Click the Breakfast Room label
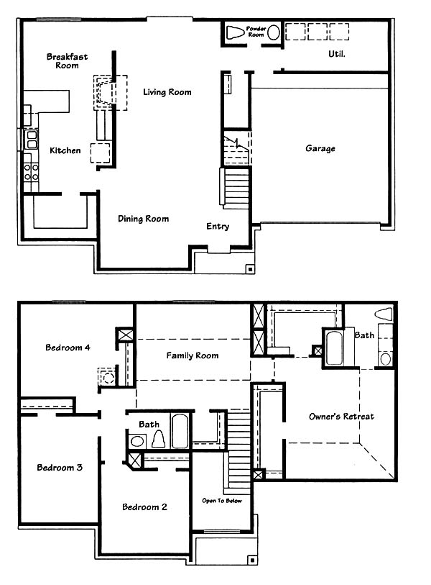click(67, 61)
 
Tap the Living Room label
click(167, 92)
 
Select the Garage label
click(320, 148)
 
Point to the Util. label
click(337, 54)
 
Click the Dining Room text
click(144, 219)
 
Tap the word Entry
click(218, 227)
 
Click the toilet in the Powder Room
click(234, 33)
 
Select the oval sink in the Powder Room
click(274, 33)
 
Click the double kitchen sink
click(31, 140)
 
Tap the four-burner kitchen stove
click(31, 173)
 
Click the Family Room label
click(193, 355)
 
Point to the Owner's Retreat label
click(342, 417)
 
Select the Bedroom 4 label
click(68, 348)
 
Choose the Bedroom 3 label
click(60, 468)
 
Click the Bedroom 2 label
click(144, 507)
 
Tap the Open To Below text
click(222, 501)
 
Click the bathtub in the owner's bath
click(334, 348)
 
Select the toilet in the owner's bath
click(384, 314)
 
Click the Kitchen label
click(65, 150)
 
